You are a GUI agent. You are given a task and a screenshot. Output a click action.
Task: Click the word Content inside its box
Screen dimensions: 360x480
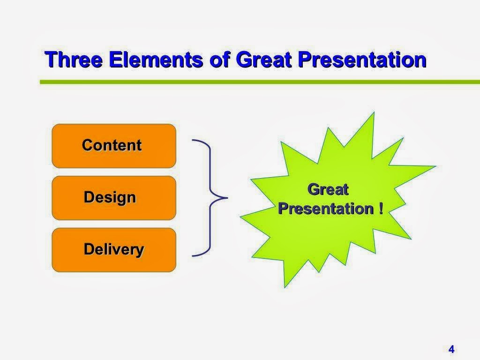(x=112, y=145)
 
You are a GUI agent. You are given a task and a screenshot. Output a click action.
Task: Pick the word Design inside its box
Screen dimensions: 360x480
(x=110, y=197)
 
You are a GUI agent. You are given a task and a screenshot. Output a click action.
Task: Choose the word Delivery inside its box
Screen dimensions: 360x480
(x=113, y=249)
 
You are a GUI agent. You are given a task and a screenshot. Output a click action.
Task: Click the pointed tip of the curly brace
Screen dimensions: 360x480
(x=226, y=198)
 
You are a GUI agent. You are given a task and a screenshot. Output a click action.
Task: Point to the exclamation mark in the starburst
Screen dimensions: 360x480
(x=380, y=209)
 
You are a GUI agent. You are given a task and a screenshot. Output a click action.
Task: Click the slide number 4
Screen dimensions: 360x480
(x=451, y=349)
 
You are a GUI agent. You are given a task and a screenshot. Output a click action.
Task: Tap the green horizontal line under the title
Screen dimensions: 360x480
(x=258, y=82)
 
